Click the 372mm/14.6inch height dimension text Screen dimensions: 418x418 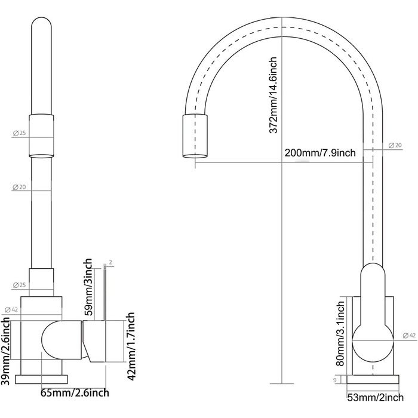click(x=273, y=96)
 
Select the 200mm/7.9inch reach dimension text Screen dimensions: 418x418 click(x=320, y=153)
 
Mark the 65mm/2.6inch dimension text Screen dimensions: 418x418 click(x=74, y=393)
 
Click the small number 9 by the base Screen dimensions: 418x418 click(x=335, y=379)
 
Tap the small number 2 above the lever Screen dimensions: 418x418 click(x=111, y=262)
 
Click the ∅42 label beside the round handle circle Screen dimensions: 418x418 click(x=409, y=336)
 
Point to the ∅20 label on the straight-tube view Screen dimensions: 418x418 click(x=19, y=188)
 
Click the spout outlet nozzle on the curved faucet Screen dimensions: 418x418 click(x=195, y=136)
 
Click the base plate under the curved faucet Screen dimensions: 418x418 click(x=373, y=379)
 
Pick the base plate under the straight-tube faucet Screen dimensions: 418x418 click(x=41, y=379)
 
